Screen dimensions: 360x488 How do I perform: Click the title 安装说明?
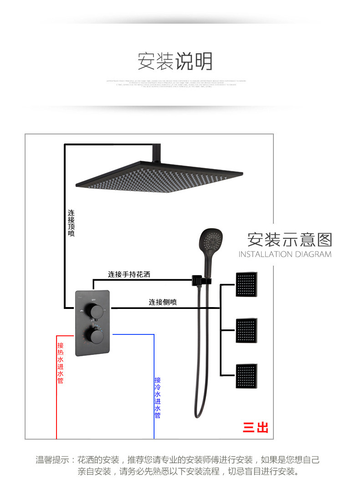coord(175,62)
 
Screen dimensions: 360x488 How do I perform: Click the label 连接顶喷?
coord(71,223)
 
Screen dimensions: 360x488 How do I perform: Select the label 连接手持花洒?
coord(129,274)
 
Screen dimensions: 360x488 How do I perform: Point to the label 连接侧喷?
coord(163,302)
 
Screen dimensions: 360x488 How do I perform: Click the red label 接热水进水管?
coord(60,363)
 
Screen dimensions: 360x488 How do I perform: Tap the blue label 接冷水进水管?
coord(158,397)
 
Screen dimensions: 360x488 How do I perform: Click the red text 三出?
coord(256,427)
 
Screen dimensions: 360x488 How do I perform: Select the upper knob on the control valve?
coord(96,312)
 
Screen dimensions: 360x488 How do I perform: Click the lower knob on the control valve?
coord(96,337)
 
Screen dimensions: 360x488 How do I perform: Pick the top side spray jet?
coord(247,285)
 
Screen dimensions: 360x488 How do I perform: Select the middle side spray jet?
coord(247,331)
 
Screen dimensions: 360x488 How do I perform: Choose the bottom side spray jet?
coord(247,376)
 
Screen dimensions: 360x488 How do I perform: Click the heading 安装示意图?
coord(290,239)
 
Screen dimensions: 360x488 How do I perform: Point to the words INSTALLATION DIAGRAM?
coord(285,254)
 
